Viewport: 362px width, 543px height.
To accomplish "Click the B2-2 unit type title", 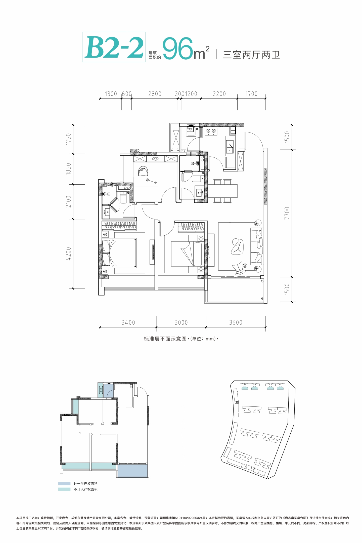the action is (x=114, y=47).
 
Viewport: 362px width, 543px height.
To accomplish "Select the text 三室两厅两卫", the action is (x=251, y=55).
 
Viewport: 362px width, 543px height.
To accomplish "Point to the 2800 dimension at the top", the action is (x=155, y=94).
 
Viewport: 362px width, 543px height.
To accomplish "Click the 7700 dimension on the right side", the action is (x=287, y=213).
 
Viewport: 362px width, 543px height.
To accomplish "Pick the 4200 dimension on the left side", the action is (x=69, y=254).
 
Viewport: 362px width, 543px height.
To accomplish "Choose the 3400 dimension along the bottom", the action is (x=128, y=322).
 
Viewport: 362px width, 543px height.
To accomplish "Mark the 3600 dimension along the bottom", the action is (x=236, y=322).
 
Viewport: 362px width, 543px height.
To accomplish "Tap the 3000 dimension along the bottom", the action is (x=181, y=322).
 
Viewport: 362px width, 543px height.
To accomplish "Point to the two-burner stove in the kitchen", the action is (x=211, y=131).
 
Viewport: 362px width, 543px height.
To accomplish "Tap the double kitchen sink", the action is (x=231, y=147).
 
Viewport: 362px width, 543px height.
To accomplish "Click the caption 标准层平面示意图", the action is (x=165, y=339).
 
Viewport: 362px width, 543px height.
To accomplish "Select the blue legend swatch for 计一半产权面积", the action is (x=64, y=483).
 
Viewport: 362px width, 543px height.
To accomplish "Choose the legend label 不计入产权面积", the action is (x=85, y=489).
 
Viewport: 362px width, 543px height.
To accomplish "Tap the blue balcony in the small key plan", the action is (x=132, y=470).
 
